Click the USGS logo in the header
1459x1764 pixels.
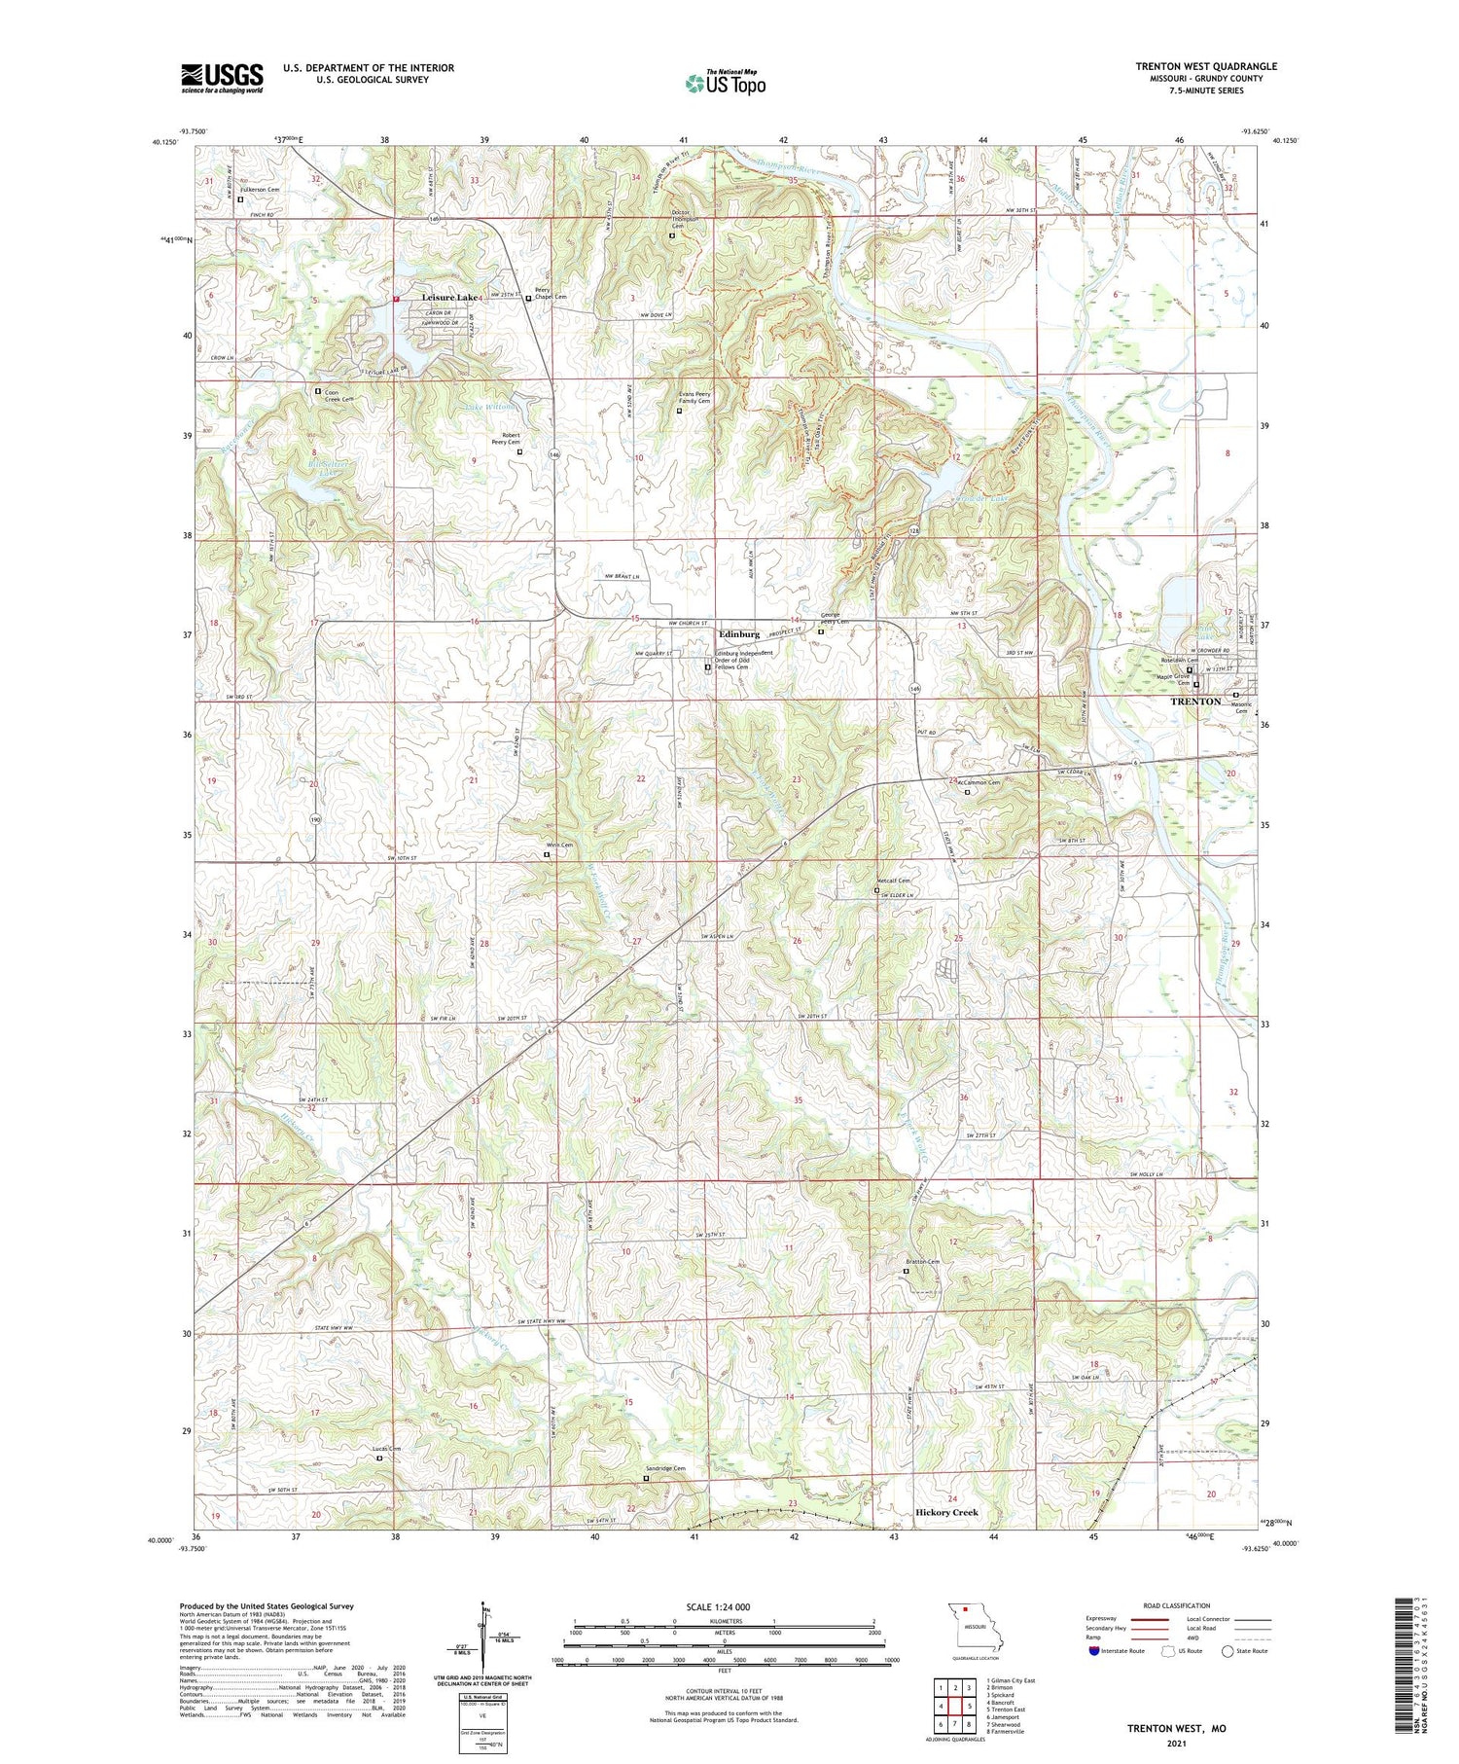click(x=222, y=78)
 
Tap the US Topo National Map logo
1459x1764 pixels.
click(x=725, y=82)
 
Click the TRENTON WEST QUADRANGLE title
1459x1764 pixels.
click(x=1205, y=66)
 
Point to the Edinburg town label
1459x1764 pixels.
click(x=738, y=633)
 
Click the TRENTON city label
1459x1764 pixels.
click(x=1195, y=701)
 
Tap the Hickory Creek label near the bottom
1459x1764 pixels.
click(x=946, y=1512)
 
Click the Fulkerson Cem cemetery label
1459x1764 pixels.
click(x=261, y=189)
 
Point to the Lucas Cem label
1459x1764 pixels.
click(x=387, y=1448)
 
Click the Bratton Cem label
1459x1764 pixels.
click(x=923, y=1262)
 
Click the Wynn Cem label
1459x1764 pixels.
click(x=559, y=846)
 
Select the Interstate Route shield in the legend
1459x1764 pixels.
click(x=1094, y=1651)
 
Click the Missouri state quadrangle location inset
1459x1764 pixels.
click(x=976, y=1627)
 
